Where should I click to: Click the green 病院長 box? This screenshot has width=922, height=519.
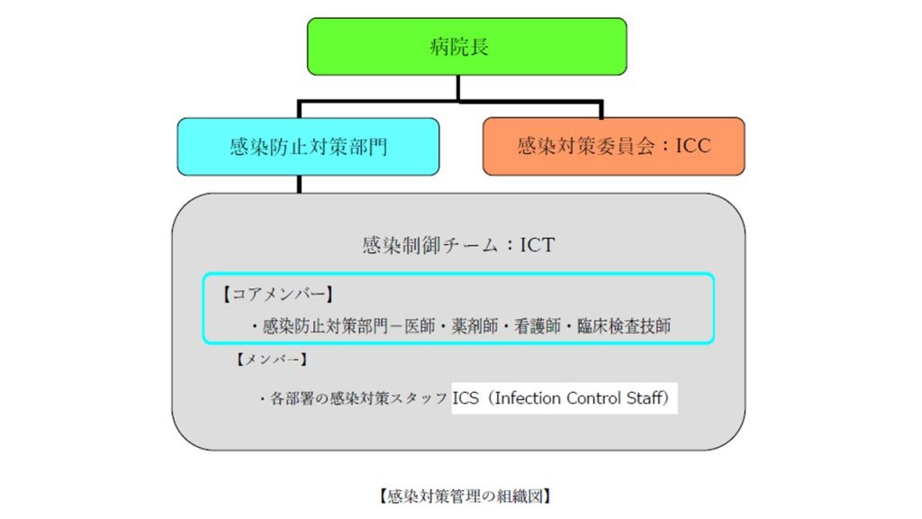[x=466, y=46]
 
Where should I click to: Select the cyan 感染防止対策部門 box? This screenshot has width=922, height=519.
[x=308, y=146]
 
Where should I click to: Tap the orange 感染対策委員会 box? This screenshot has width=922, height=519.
[x=613, y=146]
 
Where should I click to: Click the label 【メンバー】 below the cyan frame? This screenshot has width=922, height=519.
[x=270, y=360]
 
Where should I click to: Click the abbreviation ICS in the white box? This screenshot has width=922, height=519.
[x=466, y=397]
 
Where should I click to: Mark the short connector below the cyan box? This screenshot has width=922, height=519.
[x=300, y=184]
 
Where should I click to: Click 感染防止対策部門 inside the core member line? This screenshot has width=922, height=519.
[x=330, y=326]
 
